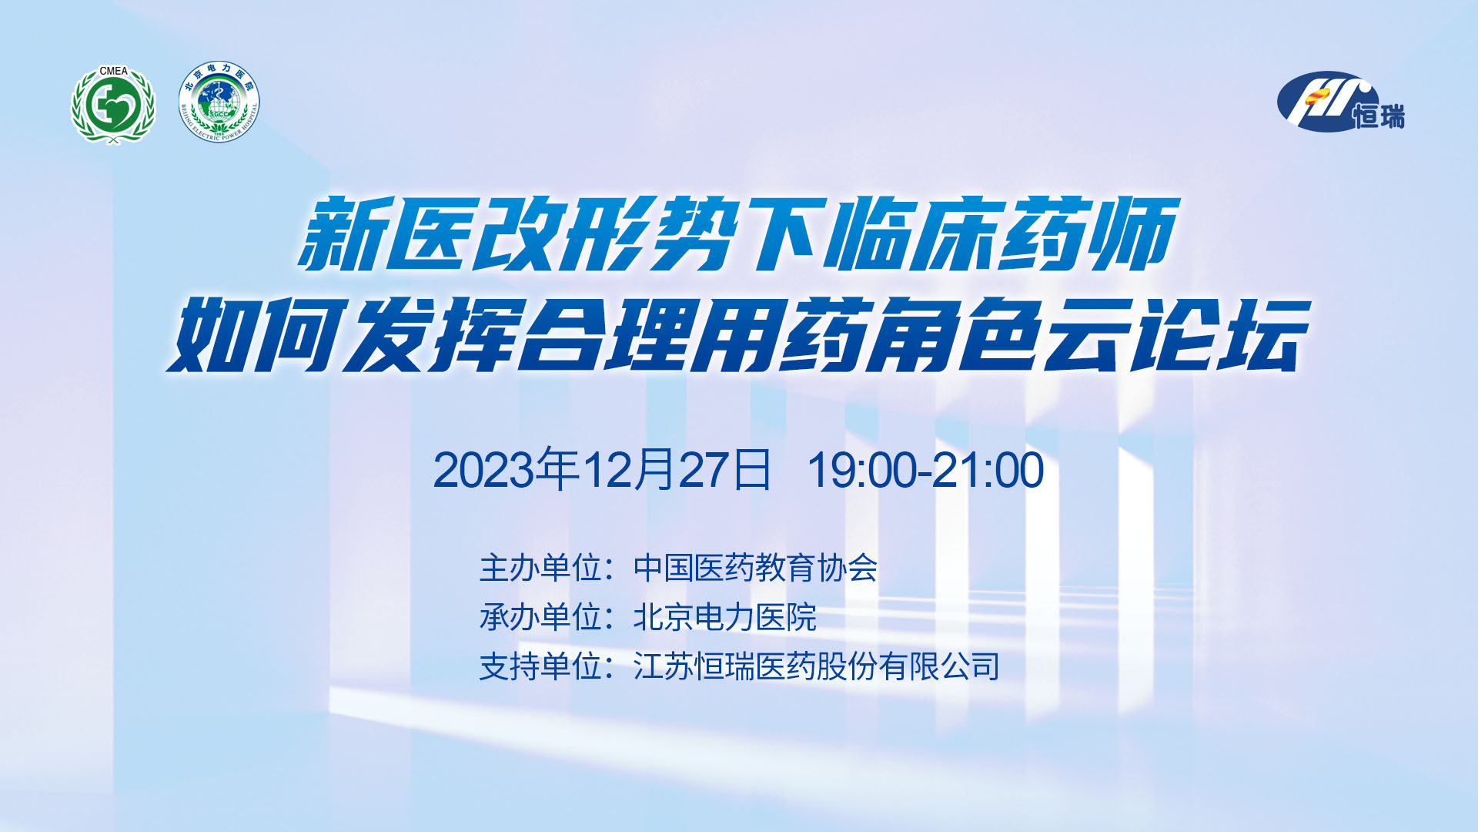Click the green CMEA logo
tap(113, 105)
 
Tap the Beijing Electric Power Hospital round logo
tap(219, 102)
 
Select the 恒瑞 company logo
tap(1340, 102)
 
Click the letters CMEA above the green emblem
tap(113, 71)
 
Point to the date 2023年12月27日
tap(602, 469)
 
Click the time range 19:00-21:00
tap(925, 470)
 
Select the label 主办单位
tap(540, 568)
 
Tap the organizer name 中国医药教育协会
tap(755, 568)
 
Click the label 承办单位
tap(540, 617)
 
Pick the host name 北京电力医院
tap(724, 617)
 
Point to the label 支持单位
tap(540, 666)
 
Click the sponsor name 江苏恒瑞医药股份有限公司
tap(817, 666)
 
